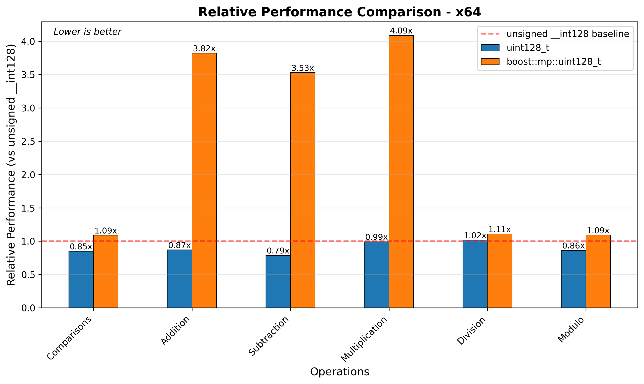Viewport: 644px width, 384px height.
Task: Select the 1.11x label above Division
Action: [x=499, y=230]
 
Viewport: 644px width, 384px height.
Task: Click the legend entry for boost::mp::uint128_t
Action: [x=554, y=62]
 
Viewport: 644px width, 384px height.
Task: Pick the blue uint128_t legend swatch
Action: [x=490, y=48]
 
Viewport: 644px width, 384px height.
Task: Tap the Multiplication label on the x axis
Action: [x=364, y=339]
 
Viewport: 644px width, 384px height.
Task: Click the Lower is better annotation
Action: [x=87, y=32]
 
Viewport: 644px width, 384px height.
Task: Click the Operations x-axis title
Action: [x=340, y=372]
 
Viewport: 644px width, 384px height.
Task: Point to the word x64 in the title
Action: [x=468, y=12]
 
